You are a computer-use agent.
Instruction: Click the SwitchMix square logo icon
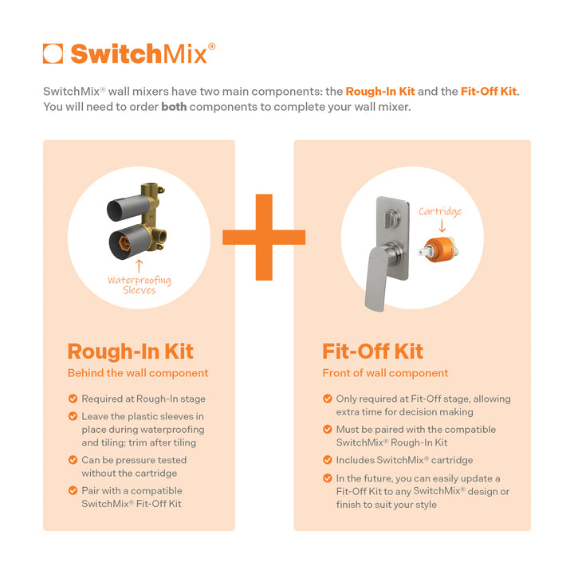point(53,53)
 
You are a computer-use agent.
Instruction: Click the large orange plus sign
point(263,237)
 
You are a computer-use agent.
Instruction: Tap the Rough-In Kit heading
point(130,352)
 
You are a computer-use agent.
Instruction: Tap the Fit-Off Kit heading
point(372,352)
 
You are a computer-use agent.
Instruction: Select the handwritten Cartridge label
point(440,211)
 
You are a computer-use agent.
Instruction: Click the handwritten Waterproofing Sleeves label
point(139,285)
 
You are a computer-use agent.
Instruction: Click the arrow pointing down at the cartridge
point(441,227)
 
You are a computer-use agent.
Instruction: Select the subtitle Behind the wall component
point(138,373)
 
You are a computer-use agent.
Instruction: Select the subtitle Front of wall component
point(385,373)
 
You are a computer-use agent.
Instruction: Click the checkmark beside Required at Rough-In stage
point(73,399)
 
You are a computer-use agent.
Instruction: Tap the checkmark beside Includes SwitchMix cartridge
point(328,460)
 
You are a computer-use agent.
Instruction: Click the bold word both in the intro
point(174,107)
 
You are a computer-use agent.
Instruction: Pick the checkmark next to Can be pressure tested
point(73,460)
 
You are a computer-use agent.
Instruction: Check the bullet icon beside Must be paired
point(328,430)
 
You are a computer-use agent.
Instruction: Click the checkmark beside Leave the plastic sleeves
point(73,417)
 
